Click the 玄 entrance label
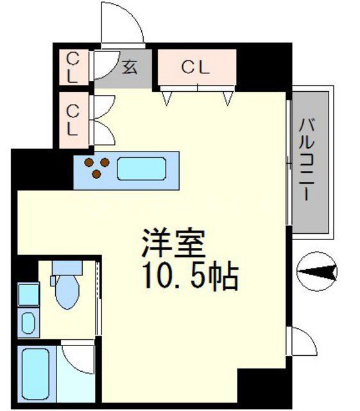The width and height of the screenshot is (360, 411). pyautogui.click(x=130, y=67)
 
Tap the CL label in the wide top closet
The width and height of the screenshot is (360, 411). pyautogui.click(x=196, y=67)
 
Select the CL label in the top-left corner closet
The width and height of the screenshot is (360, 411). pyautogui.click(x=73, y=67)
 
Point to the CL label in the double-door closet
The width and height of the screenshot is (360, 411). pyautogui.click(x=73, y=119)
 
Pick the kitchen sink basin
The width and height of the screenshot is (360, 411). pyautogui.click(x=142, y=169)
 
